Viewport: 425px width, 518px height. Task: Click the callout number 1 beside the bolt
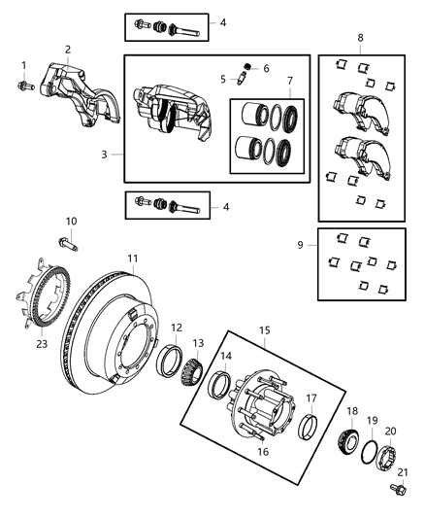[24, 65]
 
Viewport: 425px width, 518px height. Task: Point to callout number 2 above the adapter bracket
[68, 50]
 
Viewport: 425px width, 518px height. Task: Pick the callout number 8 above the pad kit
[360, 38]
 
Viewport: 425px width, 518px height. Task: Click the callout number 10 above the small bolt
[71, 222]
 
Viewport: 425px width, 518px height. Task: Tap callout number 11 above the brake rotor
[134, 258]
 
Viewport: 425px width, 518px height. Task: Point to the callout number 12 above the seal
[177, 328]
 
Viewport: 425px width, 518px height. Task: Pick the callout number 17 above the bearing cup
[311, 397]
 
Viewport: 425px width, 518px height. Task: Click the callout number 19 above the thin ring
[372, 420]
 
